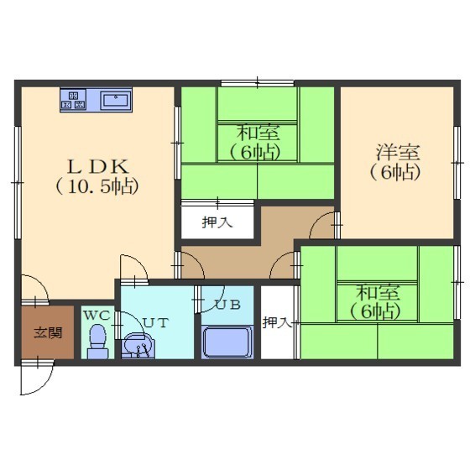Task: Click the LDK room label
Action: (98, 167)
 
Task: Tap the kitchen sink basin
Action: (116, 99)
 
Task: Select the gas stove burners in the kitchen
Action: (74, 100)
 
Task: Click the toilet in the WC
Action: (97, 341)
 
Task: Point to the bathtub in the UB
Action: (227, 342)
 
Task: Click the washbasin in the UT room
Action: (138, 345)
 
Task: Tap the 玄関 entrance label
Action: (48, 332)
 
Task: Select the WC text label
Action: (97, 315)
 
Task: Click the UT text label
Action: (156, 322)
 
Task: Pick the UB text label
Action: (228, 305)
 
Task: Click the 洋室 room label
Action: (398, 152)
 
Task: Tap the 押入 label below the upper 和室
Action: (217, 222)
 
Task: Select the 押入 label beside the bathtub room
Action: (277, 322)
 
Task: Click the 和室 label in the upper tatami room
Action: (258, 133)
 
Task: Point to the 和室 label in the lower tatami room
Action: (378, 293)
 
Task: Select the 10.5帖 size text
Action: (97, 186)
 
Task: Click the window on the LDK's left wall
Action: (18, 182)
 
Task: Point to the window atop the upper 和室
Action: (258, 83)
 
